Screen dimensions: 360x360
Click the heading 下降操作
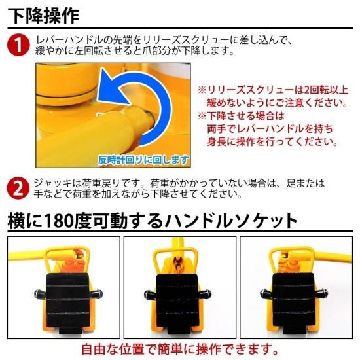click(x=43, y=16)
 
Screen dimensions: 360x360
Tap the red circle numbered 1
click(x=18, y=45)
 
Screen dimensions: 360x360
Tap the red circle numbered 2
click(x=18, y=189)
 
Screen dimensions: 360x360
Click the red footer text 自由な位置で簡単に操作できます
click(x=180, y=350)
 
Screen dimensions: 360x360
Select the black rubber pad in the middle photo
click(x=177, y=302)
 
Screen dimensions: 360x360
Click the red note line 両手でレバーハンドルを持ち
click(x=270, y=129)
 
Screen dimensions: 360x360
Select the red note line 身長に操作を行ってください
click(x=272, y=141)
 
